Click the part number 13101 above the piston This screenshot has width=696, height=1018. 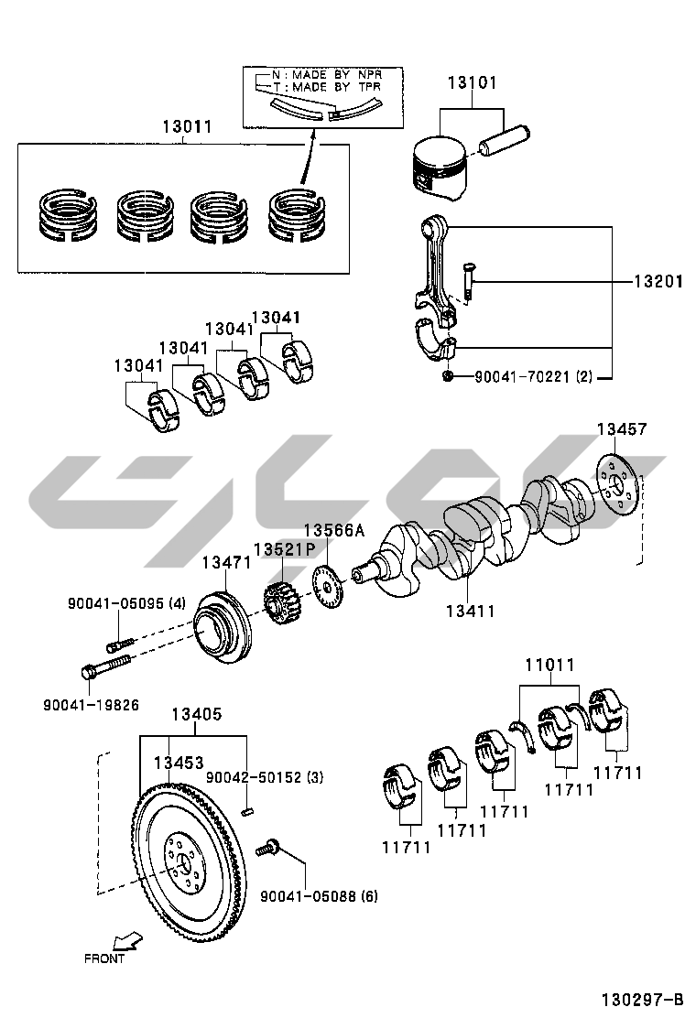point(472,83)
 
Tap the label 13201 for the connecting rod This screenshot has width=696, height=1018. point(658,282)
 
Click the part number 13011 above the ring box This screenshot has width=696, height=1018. point(187,126)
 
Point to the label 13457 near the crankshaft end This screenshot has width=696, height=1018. point(622,429)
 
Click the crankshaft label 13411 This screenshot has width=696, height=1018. point(470,611)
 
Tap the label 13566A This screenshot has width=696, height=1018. point(333,531)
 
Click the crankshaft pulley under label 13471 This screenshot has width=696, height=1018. point(222,626)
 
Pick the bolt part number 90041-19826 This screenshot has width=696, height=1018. point(91,705)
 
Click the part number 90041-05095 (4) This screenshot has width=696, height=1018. point(126,603)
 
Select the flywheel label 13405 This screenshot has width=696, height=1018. point(197,714)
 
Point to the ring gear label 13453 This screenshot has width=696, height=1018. point(179,763)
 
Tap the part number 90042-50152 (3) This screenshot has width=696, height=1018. point(265,777)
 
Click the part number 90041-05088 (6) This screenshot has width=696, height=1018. point(319,896)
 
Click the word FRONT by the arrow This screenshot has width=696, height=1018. point(103,958)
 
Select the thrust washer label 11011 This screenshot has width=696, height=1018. point(549,665)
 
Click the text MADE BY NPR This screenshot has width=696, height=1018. point(338,75)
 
